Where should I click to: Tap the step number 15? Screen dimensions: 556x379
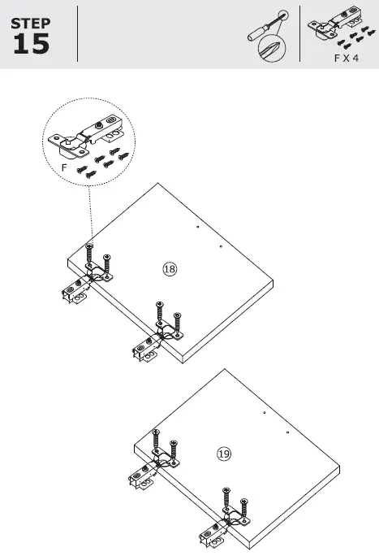click(x=31, y=44)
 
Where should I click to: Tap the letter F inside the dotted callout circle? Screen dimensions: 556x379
click(x=64, y=167)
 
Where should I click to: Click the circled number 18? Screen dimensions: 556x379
click(x=170, y=269)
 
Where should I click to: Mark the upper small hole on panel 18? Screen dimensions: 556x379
click(x=197, y=228)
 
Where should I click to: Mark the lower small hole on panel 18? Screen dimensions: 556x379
click(x=220, y=245)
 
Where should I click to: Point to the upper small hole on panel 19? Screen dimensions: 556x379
click(x=264, y=414)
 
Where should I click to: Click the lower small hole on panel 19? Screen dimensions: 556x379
click(x=286, y=432)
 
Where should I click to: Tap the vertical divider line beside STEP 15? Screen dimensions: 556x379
click(x=77, y=34)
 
